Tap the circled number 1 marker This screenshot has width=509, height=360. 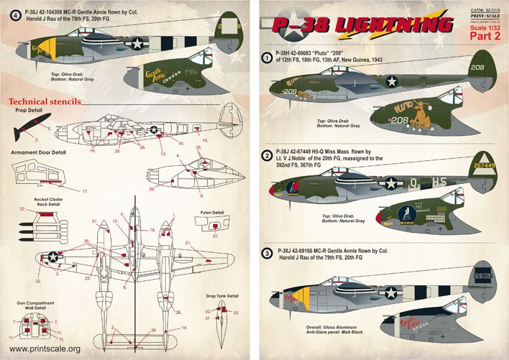[267, 57]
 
